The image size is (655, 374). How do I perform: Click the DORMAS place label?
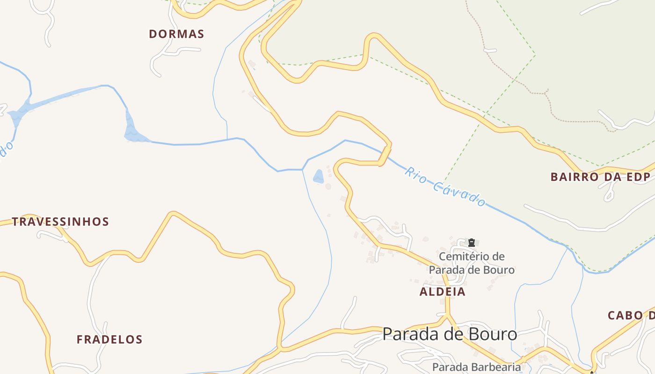(x=176, y=34)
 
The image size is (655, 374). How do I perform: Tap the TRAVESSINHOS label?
(x=60, y=222)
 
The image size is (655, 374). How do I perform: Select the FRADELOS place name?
(x=109, y=339)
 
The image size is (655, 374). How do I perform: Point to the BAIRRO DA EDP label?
(x=601, y=177)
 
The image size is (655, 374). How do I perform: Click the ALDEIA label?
(x=443, y=292)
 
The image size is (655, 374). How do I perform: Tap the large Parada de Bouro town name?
(x=450, y=334)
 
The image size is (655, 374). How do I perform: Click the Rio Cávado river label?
(x=445, y=187)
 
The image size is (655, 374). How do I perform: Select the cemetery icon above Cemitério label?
(x=472, y=243)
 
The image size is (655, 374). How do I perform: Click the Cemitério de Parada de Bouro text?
(x=472, y=263)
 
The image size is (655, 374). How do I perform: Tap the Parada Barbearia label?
(x=476, y=367)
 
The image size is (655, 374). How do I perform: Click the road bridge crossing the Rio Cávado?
(x=385, y=156)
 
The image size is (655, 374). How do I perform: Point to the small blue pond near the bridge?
(x=319, y=177)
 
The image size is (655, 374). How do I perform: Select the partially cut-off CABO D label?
(x=631, y=316)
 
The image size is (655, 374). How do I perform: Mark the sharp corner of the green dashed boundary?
(x=535, y=55)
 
